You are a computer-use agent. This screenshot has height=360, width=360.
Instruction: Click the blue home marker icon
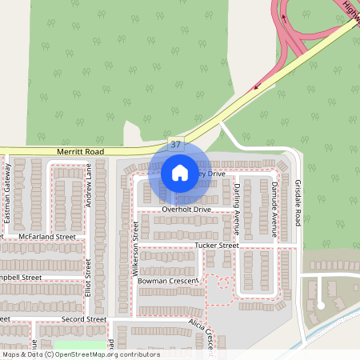coord(180,172)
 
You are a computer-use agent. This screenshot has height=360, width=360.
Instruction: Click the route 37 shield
coord(176,143)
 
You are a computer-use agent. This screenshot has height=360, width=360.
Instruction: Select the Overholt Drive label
coord(186,209)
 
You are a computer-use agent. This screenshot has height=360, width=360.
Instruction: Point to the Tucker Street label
coord(216,245)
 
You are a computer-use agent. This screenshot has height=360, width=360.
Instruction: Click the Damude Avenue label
coord(274,207)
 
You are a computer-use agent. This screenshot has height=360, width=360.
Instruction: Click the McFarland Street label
coord(48,237)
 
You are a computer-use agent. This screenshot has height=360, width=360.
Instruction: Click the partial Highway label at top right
coord(350,10)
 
